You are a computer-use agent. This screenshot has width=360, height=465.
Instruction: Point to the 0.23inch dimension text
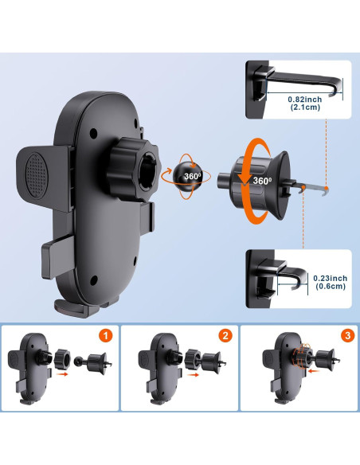pos(331,278)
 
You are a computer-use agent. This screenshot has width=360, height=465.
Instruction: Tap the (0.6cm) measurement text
pos(331,287)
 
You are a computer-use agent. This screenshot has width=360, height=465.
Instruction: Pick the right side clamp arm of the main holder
pos(146,213)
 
